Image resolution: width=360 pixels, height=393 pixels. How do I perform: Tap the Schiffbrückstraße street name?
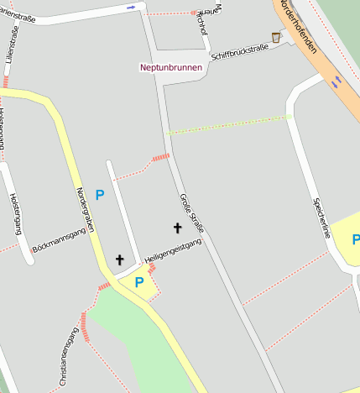click(240, 52)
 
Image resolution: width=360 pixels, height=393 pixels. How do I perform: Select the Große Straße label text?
click(192, 213)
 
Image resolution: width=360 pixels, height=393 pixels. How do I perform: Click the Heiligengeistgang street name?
click(173, 249)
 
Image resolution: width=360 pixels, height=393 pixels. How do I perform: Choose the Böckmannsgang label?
click(59, 243)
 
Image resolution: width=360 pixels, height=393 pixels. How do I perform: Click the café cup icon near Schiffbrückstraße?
click(276, 37)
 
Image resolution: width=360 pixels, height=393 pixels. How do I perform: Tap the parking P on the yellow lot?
click(138, 282)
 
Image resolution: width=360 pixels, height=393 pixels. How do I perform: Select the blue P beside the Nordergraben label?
click(100, 195)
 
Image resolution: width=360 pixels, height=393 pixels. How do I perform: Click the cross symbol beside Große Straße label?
click(177, 228)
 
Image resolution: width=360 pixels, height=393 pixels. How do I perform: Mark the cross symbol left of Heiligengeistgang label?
click(119, 260)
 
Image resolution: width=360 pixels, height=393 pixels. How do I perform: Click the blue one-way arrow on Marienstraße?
click(131, 7)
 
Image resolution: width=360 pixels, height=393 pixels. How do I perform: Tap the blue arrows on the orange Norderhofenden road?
click(337, 81)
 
